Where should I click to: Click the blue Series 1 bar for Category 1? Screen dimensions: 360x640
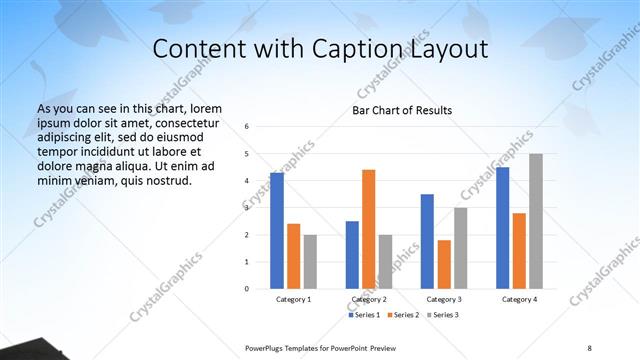(277, 231)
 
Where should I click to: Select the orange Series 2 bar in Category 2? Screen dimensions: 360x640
(368, 229)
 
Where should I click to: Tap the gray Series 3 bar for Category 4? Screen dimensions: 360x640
(536, 221)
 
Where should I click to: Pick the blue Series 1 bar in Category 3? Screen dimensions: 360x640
(427, 241)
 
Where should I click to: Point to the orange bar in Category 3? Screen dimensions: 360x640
(444, 264)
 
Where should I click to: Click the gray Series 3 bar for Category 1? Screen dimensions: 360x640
(310, 262)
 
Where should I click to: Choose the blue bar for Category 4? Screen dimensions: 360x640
(502, 228)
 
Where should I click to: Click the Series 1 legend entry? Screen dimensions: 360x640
(365, 315)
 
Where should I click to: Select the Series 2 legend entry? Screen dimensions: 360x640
(403, 315)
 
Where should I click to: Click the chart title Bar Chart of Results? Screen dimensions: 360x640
(402, 110)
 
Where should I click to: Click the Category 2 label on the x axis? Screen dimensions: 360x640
(369, 299)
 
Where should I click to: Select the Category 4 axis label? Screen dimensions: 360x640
(519, 299)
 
